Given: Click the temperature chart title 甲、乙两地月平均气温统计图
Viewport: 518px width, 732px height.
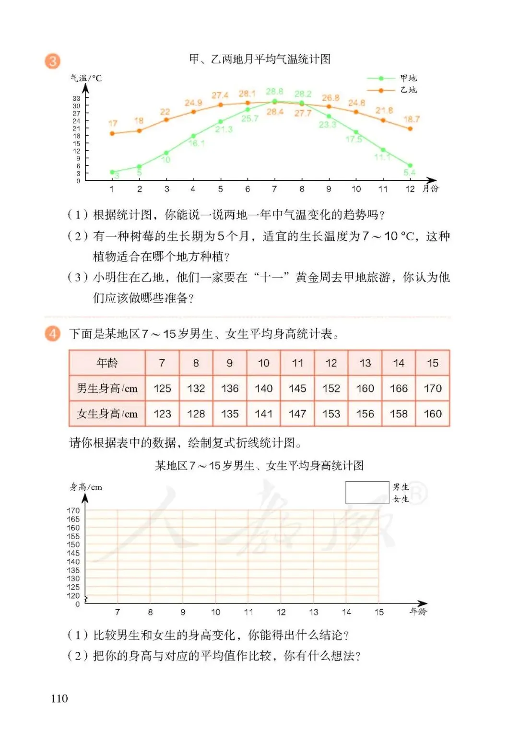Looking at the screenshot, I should coord(259,59).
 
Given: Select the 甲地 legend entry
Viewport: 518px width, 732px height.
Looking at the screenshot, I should coord(408,78).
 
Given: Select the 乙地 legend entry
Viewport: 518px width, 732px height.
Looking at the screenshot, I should coord(408,90).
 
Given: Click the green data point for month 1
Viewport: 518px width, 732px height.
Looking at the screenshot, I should coord(112,172).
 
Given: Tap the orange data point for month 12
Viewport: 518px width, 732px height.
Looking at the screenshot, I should coord(410,129).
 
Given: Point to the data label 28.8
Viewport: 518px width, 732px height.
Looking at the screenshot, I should coord(274,91).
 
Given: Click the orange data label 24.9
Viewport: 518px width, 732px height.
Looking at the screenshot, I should coord(193,103).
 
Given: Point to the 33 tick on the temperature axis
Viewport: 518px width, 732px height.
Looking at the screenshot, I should coord(77,98).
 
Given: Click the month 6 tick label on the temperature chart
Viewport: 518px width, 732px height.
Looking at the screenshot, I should coord(247,189).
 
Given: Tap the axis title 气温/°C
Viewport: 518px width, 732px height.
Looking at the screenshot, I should coord(86,78).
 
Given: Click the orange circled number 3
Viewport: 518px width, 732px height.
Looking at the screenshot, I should coord(53,61).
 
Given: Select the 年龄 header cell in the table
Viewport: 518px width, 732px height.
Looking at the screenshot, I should coord(107,363).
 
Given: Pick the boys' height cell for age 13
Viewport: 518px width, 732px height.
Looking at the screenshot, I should coord(365,389).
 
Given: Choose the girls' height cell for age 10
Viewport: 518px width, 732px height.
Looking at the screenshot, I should coord(263,414).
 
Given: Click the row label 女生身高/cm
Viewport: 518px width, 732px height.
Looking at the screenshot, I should coord(107,414).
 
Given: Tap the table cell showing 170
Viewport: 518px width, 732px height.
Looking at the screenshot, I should coord(433,389).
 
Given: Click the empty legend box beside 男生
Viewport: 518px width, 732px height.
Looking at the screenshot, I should coord(367,493).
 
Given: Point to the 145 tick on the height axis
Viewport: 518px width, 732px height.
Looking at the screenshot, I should coord(73,553).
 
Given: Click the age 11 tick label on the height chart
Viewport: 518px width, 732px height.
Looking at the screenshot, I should coord(248,612).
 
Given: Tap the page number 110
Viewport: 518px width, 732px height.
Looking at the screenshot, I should coord(59,698).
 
